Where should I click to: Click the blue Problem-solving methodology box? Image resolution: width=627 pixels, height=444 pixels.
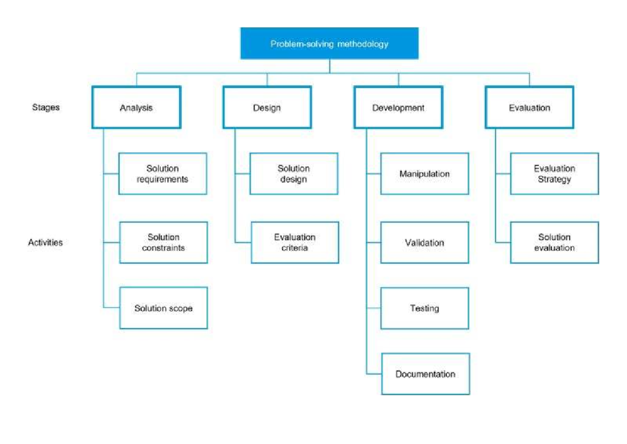(x=329, y=43)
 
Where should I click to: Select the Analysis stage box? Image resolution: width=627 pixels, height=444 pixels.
(x=136, y=108)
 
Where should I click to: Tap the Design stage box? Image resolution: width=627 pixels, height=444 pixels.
(x=267, y=108)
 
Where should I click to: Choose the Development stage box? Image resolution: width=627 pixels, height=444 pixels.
(x=398, y=108)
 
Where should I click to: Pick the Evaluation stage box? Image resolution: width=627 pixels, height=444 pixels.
(x=529, y=108)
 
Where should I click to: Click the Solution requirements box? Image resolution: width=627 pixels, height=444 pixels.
(x=162, y=174)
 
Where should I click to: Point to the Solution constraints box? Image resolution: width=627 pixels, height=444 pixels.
(x=163, y=243)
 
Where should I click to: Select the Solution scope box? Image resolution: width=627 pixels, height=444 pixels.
(x=164, y=308)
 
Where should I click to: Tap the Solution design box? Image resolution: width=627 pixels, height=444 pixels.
(x=294, y=174)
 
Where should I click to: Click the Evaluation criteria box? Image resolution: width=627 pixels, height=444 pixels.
(x=295, y=243)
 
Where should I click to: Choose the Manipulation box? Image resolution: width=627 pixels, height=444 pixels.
(x=424, y=174)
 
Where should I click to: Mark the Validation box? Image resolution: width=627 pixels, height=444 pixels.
(x=424, y=243)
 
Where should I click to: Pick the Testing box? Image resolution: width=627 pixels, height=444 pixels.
(x=424, y=308)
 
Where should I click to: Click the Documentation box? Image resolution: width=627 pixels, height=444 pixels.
(x=425, y=374)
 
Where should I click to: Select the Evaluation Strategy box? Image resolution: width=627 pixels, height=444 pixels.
(x=554, y=174)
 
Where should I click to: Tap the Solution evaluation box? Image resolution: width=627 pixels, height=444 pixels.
(x=554, y=243)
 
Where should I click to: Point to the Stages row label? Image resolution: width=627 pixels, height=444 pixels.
(x=45, y=107)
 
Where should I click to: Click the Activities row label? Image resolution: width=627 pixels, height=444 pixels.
(x=45, y=243)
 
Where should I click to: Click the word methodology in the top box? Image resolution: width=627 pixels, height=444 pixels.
(x=363, y=44)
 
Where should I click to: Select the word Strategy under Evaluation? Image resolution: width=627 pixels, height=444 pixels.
(x=554, y=179)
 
